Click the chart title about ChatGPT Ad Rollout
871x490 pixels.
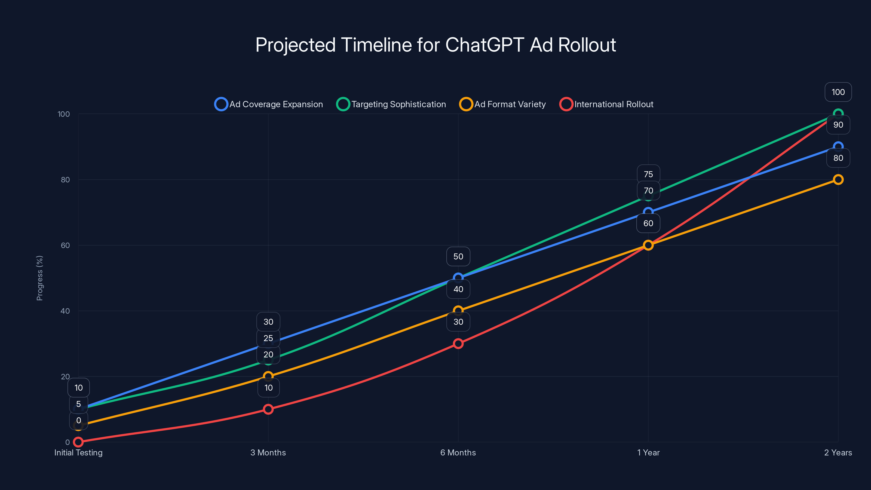click(436, 45)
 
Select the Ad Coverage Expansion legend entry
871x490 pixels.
click(269, 104)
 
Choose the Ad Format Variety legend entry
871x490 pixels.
click(502, 104)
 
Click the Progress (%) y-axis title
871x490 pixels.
click(39, 278)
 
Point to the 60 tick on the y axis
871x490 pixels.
click(65, 246)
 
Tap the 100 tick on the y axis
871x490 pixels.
click(64, 114)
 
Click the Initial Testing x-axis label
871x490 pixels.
click(78, 452)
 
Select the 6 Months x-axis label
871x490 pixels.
click(458, 452)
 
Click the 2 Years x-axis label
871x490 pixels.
click(838, 452)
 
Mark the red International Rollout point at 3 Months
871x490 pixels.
click(268, 409)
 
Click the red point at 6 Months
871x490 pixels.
click(458, 344)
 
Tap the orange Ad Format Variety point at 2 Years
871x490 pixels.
click(838, 180)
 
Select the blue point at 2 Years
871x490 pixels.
click(838, 147)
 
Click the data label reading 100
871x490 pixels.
click(838, 92)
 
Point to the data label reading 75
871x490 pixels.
click(648, 174)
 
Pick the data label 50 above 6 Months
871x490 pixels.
click(458, 256)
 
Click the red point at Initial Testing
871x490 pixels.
click(78, 442)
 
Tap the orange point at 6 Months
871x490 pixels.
click(458, 310)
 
